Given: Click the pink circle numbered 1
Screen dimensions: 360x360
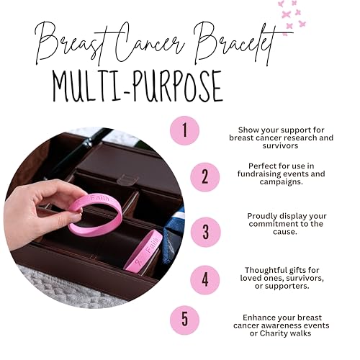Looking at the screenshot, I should click(185, 131).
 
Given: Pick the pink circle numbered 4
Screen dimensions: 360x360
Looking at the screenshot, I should click(204, 279).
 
